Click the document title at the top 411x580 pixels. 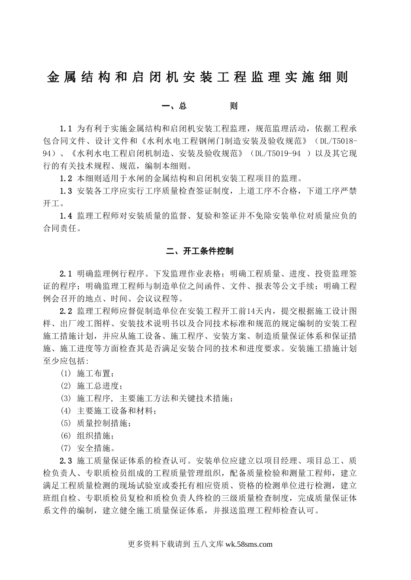(x=197, y=77)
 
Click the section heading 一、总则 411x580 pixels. (x=199, y=106)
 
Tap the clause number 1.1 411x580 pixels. (x=66, y=129)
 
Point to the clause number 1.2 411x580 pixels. (x=66, y=178)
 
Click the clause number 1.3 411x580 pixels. (x=66, y=191)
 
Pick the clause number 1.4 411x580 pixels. (x=66, y=216)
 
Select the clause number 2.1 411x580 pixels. (x=66, y=274)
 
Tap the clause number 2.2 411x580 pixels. (x=66, y=311)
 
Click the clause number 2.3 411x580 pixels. (x=66, y=460)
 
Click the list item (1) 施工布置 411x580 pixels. (x=88, y=373)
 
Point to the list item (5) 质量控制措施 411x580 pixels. (x=96, y=423)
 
